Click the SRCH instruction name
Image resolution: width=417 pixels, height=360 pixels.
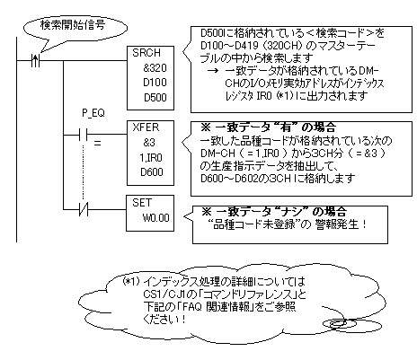pyautogui.click(x=145, y=54)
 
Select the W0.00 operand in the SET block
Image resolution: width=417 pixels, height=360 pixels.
pyautogui.click(x=146, y=216)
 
